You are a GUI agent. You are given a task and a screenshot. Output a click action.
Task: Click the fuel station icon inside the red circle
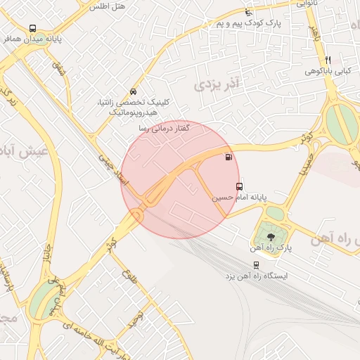pyautogui.click(x=227, y=157)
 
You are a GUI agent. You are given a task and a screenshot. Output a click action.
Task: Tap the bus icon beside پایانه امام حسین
pyautogui.click(x=240, y=187)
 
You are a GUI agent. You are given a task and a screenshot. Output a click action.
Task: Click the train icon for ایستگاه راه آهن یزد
pyautogui.click(x=256, y=265)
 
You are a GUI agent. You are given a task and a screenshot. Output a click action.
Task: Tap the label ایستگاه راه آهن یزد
pyautogui.click(x=255, y=276)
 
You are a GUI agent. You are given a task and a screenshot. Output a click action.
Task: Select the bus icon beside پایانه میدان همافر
pyautogui.click(x=32, y=29)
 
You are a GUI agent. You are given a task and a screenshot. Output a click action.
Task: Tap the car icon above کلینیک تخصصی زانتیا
pyautogui.click(x=133, y=92)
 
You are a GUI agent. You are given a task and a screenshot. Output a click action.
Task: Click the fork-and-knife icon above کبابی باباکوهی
pyautogui.click(x=328, y=60)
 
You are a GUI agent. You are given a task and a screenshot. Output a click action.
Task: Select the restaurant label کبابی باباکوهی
pyautogui.click(x=328, y=71)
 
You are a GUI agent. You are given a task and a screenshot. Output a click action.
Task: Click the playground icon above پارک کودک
pyautogui.click(x=247, y=12)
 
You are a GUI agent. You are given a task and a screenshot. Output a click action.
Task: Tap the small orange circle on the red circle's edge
pyautogui.click(x=135, y=214)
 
